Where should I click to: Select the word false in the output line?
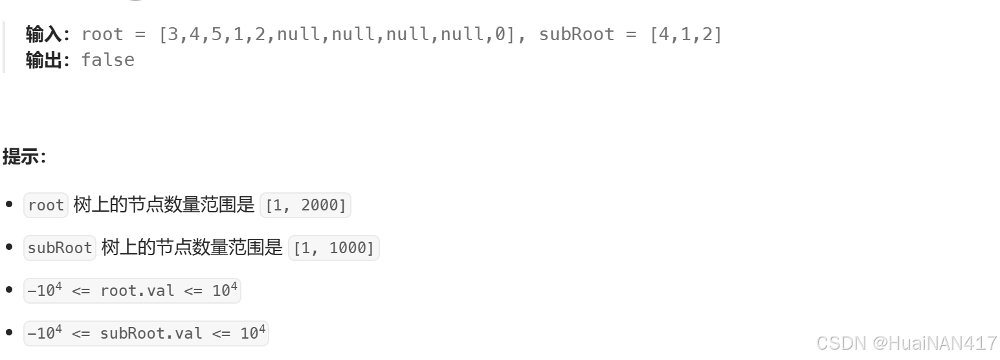(107, 60)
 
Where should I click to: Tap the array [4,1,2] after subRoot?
(685, 34)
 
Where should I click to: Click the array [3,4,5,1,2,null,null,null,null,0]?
(337, 34)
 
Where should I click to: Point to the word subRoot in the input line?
(577, 34)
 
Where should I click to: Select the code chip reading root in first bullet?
(46, 205)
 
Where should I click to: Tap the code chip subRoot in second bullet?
(60, 248)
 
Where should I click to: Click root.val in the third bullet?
(137, 291)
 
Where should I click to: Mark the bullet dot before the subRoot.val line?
(9, 333)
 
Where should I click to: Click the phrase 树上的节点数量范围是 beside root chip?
(164, 205)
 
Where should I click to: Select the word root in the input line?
(102, 34)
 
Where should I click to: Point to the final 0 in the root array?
(500, 34)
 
